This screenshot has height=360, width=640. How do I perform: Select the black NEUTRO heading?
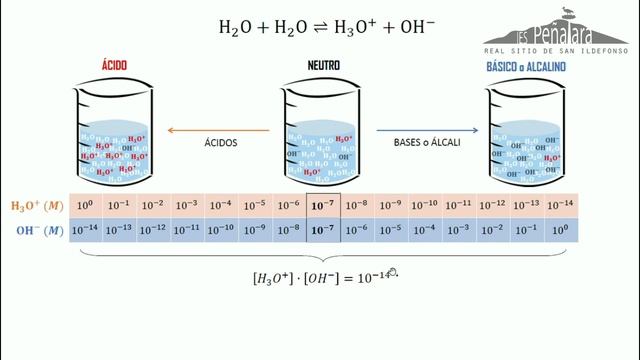[x=321, y=65]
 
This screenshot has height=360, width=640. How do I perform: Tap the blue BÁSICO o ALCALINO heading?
[x=526, y=65]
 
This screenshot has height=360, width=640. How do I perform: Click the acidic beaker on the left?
[x=113, y=134]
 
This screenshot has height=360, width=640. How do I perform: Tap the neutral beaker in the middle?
[x=320, y=134]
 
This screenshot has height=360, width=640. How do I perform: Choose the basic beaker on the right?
[x=526, y=134]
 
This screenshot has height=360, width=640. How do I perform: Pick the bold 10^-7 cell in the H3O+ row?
[x=322, y=206]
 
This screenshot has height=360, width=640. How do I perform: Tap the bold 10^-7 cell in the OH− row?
[x=322, y=230]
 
